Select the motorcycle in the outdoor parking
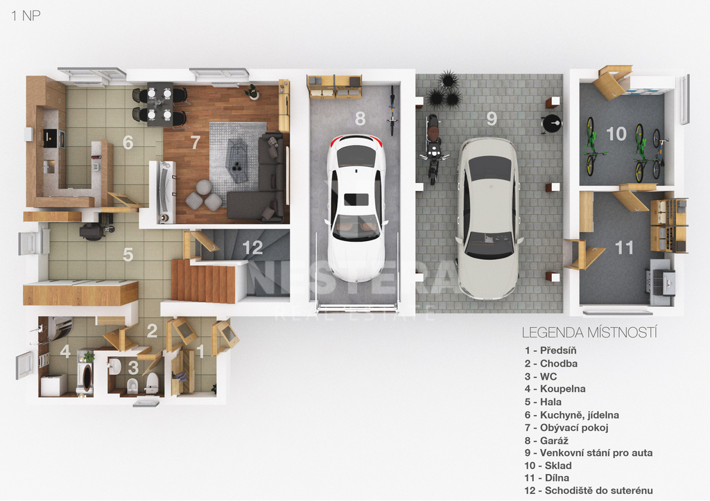(433, 149)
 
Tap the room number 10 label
(616, 134)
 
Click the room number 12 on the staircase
(252, 247)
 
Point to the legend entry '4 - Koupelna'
(555, 389)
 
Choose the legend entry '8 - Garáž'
(546, 440)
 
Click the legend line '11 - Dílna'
(546, 478)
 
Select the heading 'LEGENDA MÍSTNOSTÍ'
(589, 333)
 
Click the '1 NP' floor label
(26, 16)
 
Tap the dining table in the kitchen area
(159, 104)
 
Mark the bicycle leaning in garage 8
(392, 110)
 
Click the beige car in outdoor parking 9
(488, 218)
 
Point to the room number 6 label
(128, 143)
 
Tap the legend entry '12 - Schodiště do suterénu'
(589, 491)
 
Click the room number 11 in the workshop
(624, 247)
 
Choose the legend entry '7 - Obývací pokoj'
(566, 428)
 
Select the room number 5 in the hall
(128, 254)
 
